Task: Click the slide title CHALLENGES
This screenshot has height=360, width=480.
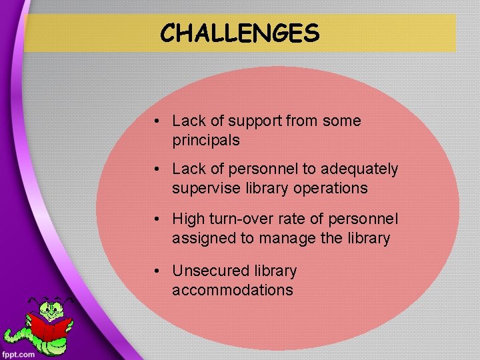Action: coord(240,32)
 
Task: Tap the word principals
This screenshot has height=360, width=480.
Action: coord(205,141)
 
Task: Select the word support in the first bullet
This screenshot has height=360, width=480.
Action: coord(255,121)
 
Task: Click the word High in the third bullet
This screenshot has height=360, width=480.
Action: coord(187,219)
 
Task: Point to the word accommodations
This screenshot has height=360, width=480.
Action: coord(232,291)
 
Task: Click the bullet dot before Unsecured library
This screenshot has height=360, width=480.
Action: coord(155,271)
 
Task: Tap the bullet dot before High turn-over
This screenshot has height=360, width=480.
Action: coord(155,219)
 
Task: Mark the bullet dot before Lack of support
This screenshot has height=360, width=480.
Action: coord(155,121)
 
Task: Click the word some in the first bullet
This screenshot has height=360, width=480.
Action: coord(341,121)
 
